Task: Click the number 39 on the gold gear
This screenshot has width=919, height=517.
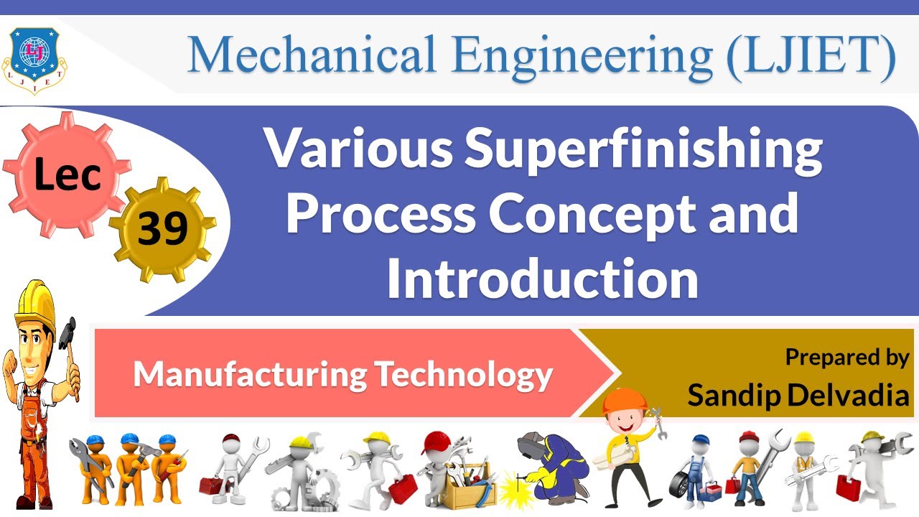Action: tap(163, 229)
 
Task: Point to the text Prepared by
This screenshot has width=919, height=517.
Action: tap(847, 357)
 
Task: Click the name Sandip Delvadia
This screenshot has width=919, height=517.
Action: tap(798, 394)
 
